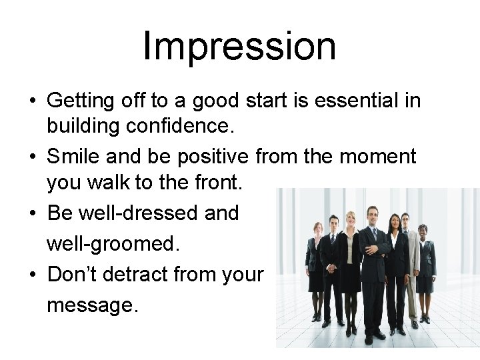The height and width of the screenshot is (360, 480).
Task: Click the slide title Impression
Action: [x=239, y=46]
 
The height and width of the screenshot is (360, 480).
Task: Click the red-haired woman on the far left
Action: [x=315, y=267]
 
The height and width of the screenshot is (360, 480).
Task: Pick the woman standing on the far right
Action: [x=425, y=267]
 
